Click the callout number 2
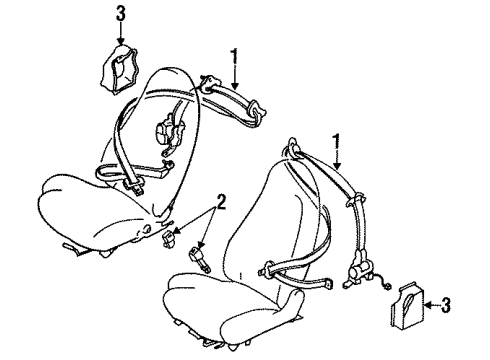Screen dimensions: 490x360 tap(220, 202)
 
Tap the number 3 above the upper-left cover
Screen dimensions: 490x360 tap(121, 15)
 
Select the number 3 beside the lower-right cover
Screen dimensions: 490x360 tap(446, 305)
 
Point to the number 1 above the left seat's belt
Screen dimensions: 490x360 tap(235, 57)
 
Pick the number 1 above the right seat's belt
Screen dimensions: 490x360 tap(337, 143)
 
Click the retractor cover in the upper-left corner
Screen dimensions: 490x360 tap(119, 69)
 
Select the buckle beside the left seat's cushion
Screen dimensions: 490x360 tap(168, 239)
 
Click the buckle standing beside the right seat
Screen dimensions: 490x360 tap(199, 259)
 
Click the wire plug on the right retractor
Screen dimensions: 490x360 tap(387, 286)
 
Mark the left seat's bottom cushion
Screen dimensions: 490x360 tap(97, 213)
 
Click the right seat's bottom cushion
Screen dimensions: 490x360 tap(232, 307)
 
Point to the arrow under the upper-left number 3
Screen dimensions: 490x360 tap(121, 34)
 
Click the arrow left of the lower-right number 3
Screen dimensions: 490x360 tap(432, 304)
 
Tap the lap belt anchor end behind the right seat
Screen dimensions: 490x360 tap(329, 284)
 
